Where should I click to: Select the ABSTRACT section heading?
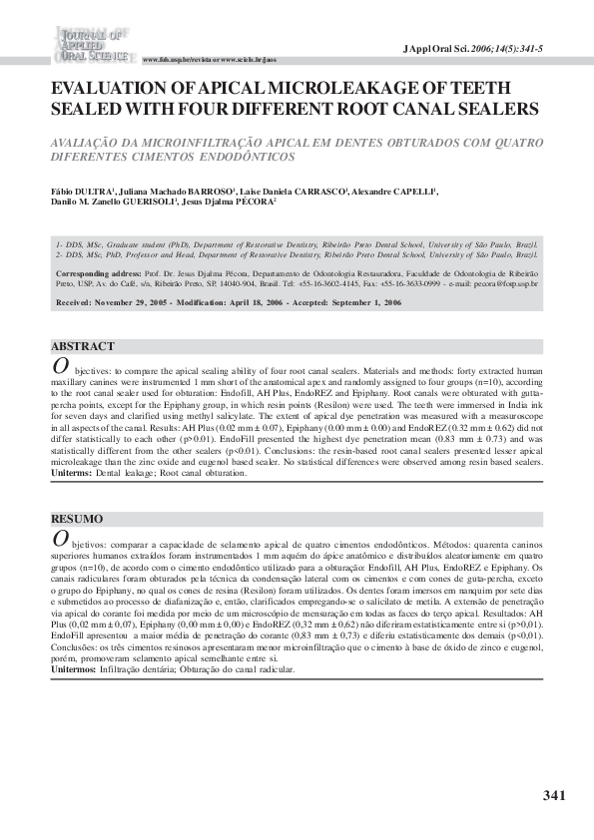coord(82,346)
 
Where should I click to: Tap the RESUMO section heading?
coord(77,519)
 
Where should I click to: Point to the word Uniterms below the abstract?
coord(72,473)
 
